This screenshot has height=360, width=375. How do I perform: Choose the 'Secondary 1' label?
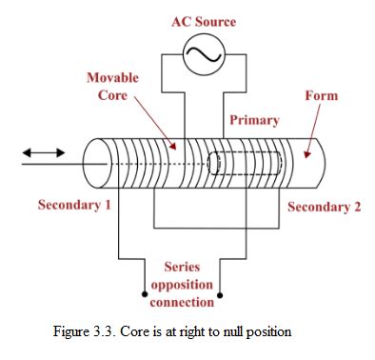point(69,205)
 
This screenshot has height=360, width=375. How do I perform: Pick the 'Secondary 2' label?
point(324,207)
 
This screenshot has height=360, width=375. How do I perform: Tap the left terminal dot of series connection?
point(145,293)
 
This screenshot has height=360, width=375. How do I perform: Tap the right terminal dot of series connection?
point(221,293)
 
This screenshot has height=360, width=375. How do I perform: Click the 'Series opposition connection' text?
point(182,285)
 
